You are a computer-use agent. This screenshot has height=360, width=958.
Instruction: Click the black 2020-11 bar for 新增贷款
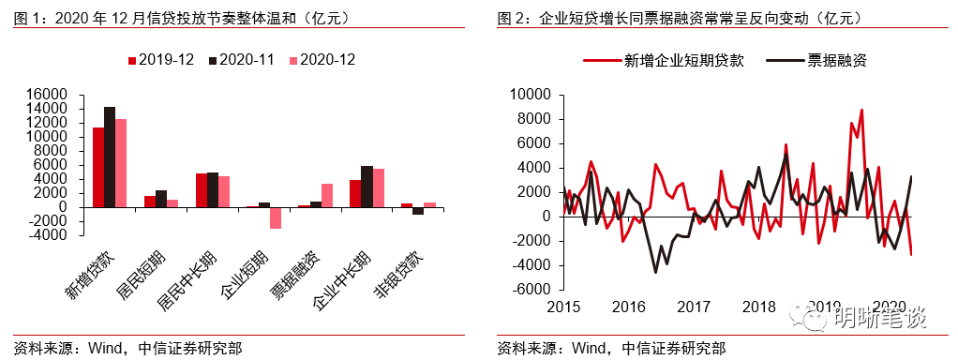click(x=110, y=157)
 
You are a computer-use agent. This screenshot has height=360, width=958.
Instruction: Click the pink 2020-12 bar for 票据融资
click(x=327, y=195)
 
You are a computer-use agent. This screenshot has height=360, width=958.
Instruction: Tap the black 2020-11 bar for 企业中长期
click(x=367, y=186)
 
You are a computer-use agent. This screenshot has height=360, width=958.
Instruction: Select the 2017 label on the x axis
click(x=694, y=307)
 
